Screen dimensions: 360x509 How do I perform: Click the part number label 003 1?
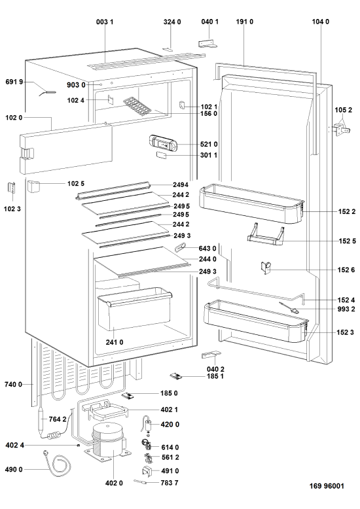tap(105, 22)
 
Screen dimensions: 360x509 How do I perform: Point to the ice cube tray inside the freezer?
tap(137, 105)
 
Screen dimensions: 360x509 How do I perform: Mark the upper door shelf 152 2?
tap(251, 203)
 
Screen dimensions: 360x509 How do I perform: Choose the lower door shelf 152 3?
tap(256, 320)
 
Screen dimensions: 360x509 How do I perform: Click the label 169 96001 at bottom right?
tap(327, 486)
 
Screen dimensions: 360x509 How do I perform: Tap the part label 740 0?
tap(13, 384)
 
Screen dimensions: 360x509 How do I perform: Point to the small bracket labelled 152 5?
tap(266, 234)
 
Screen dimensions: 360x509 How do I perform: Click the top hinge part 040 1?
tap(208, 44)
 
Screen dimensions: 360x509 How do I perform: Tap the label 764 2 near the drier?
tap(58, 419)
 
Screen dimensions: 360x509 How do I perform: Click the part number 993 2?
tap(346, 309)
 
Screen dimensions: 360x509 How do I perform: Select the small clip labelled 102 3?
tap(12, 189)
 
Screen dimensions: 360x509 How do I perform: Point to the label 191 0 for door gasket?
tap(245, 22)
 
